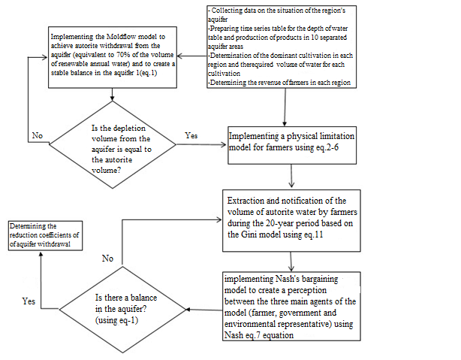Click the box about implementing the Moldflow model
[112, 59]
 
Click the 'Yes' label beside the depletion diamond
[191, 136]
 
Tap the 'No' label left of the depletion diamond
[38, 136]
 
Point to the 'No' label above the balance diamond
[107, 258]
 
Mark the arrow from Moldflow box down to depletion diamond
[112, 95]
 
